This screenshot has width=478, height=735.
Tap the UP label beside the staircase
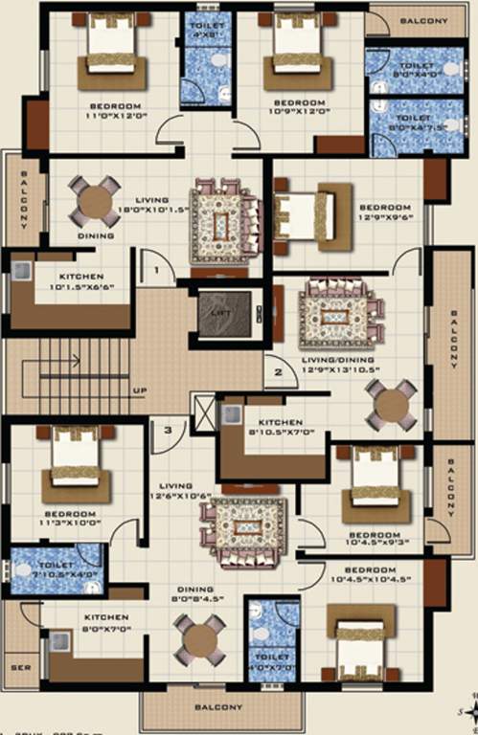click(x=140, y=390)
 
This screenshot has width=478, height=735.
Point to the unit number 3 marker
click(x=168, y=431)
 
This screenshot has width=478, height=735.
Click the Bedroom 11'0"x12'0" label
click(x=116, y=109)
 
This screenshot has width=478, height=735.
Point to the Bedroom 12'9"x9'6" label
click(x=385, y=212)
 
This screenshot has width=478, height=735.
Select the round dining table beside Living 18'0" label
click(x=95, y=201)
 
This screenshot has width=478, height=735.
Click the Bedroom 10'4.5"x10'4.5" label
click(x=363, y=575)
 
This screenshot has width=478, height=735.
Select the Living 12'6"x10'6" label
click(x=176, y=490)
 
